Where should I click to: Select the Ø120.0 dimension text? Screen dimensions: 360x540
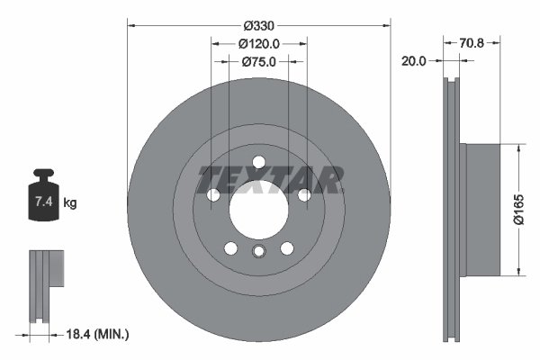click(x=259, y=41)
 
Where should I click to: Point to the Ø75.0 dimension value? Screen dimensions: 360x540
click(x=259, y=61)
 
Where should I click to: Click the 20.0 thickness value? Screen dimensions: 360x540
click(x=415, y=61)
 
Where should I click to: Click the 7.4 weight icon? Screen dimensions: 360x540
click(x=43, y=199)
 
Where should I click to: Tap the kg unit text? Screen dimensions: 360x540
click(x=70, y=203)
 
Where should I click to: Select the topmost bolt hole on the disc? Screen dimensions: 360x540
click(x=259, y=162)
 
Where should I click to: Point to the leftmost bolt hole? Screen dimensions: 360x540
click(x=213, y=195)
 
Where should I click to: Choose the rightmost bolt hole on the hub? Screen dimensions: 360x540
click(x=304, y=195)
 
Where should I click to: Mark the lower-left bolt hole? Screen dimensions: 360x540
click(x=230, y=248)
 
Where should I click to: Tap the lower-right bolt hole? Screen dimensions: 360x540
click(x=287, y=248)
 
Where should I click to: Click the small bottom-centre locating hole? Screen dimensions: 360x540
click(x=259, y=251)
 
